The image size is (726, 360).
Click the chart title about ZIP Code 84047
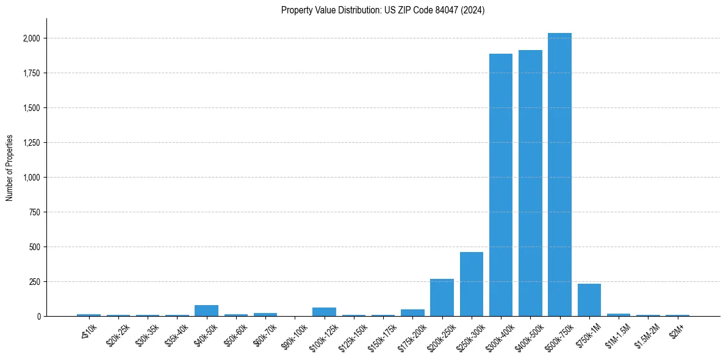click(383, 10)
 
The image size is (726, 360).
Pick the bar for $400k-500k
click(530, 183)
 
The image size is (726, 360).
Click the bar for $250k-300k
click(472, 284)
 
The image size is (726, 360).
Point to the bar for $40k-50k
click(207, 311)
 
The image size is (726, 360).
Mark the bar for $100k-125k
click(325, 312)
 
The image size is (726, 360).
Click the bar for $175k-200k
click(412, 312)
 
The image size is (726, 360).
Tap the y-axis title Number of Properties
click(10, 168)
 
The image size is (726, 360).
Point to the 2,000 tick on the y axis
click(30, 38)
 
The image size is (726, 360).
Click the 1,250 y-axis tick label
click(30, 143)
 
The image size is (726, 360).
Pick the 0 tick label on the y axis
click(39, 317)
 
